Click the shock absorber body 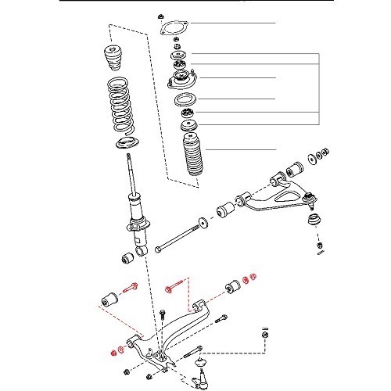coord(136,211)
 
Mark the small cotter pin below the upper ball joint coord(321,249)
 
